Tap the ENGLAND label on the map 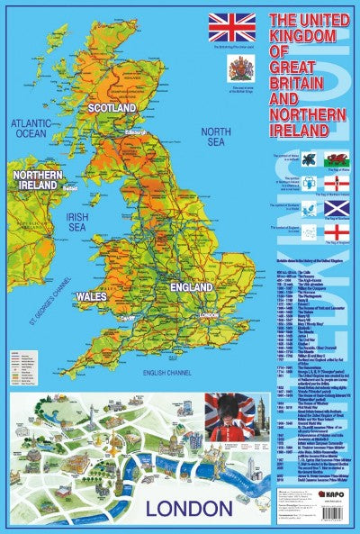(x=190, y=286)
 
